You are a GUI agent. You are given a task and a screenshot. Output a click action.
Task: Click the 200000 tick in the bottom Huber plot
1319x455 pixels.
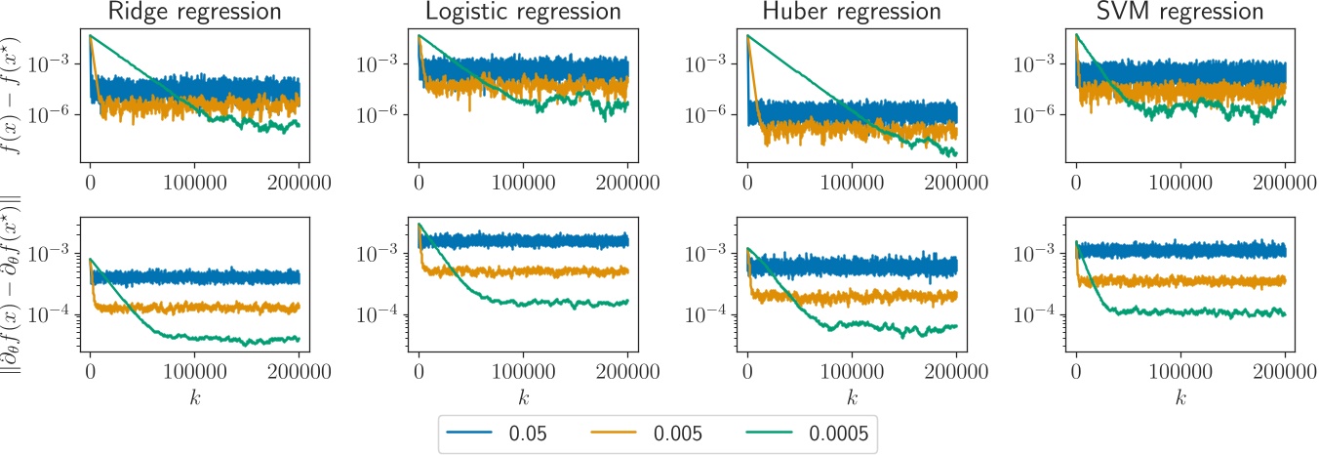coord(955,372)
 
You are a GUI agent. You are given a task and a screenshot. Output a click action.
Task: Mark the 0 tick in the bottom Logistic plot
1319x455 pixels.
coord(419,372)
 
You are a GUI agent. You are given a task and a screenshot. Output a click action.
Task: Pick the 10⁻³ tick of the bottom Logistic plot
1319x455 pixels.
coord(381,253)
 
